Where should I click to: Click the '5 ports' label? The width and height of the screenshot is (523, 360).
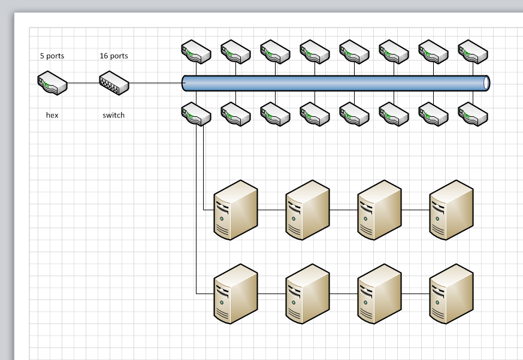click(x=52, y=56)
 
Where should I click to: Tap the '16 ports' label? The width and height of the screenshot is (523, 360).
click(x=114, y=56)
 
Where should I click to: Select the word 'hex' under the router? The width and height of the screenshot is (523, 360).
click(x=52, y=115)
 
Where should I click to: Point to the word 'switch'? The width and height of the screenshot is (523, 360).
click(x=114, y=115)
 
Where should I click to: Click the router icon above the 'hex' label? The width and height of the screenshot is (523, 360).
click(x=53, y=83)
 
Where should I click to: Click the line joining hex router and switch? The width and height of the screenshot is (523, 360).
click(x=83, y=83)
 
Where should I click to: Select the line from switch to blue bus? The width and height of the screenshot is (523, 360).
click(x=155, y=83)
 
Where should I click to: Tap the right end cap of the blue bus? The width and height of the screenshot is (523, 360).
click(x=486, y=83)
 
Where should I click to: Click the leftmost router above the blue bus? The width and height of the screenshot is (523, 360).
click(x=196, y=52)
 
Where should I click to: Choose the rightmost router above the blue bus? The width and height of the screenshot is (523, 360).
click(x=473, y=52)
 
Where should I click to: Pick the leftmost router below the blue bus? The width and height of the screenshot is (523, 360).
click(x=196, y=114)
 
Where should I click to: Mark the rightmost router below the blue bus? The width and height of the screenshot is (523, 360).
click(x=473, y=114)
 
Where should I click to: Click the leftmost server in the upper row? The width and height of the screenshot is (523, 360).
click(x=235, y=210)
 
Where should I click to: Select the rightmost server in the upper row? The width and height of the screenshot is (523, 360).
click(x=451, y=210)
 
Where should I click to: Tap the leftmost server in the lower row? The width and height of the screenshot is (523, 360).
click(x=235, y=294)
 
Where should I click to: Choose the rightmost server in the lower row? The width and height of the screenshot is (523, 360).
click(x=451, y=294)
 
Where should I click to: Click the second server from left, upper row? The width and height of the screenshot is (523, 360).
click(x=307, y=210)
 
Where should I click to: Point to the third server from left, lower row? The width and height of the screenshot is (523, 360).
click(x=379, y=294)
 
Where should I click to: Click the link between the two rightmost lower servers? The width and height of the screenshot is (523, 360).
click(x=415, y=294)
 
